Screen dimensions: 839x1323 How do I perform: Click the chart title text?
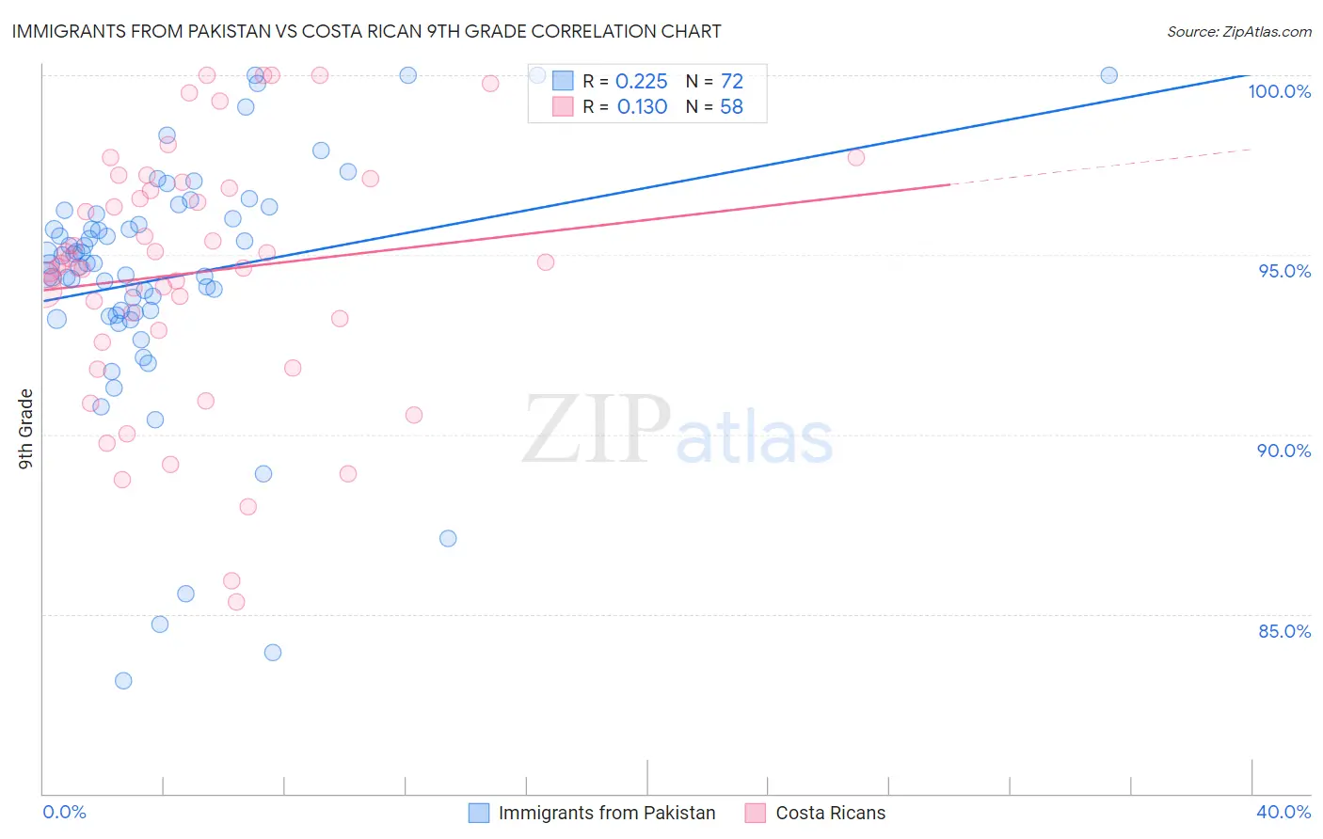click(x=366, y=31)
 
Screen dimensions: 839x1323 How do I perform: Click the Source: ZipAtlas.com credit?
click(x=1238, y=32)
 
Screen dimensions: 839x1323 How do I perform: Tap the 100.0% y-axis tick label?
click(x=1279, y=91)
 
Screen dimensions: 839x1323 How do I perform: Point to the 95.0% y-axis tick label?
click(x=1284, y=271)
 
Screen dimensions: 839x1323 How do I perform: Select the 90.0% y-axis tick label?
click(x=1283, y=451)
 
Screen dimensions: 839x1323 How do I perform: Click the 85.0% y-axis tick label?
click(x=1283, y=631)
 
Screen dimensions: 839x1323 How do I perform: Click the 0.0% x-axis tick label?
click(x=64, y=812)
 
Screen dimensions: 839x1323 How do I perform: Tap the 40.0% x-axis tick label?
click(x=1283, y=812)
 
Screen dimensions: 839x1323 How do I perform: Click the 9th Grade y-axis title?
click(x=26, y=428)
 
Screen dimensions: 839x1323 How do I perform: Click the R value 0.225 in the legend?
click(x=641, y=82)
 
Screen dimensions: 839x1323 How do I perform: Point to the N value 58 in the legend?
click(x=731, y=107)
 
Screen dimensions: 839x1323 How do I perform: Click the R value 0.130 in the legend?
click(x=642, y=107)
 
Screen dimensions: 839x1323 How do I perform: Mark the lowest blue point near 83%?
click(x=123, y=681)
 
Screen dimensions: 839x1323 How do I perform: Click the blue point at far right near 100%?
click(x=1108, y=75)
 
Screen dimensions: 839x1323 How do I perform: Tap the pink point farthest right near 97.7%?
click(x=855, y=157)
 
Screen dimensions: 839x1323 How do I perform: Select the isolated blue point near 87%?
click(x=448, y=538)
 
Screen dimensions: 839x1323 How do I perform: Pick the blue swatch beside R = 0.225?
click(x=563, y=82)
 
